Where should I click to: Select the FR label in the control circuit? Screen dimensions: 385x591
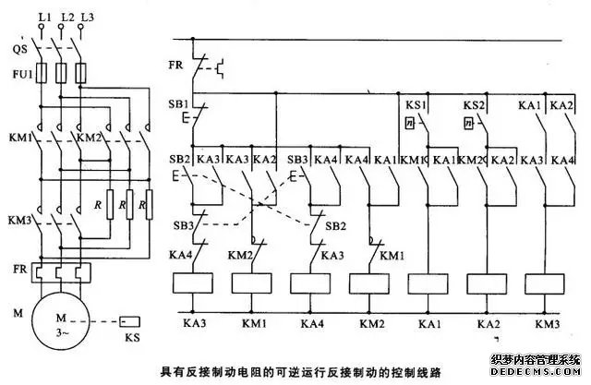[x=176, y=67]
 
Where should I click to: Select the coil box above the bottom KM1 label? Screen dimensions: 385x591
[x=252, y=284]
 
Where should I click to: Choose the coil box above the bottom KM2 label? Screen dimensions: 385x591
[x=370, y=284]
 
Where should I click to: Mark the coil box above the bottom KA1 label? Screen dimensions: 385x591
[x=429, y=284]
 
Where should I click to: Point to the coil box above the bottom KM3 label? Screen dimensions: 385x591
[x=545, y=284]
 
